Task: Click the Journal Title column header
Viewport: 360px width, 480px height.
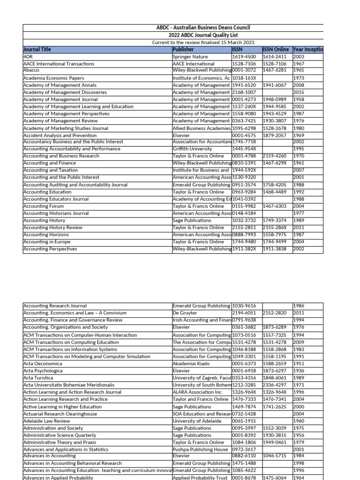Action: (x=37, y=49)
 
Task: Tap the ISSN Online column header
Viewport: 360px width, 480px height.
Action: (x=276, y=49)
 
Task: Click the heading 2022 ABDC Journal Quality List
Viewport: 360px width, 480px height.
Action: (x=203, y=35)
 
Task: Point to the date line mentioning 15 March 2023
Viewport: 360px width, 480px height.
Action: (x=203, y=42)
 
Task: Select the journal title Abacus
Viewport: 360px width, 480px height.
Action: (x=31, y=70)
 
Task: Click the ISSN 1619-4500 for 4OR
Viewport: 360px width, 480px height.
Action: (x=244, y=57)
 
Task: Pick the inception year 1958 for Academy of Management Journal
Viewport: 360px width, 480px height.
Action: (x=299, y=99)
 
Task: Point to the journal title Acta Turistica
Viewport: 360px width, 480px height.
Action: (x=38, y=378)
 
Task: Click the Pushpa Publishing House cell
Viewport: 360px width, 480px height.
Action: (x=200, y=450)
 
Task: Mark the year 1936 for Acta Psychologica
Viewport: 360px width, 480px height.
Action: (x=299, y=370)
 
